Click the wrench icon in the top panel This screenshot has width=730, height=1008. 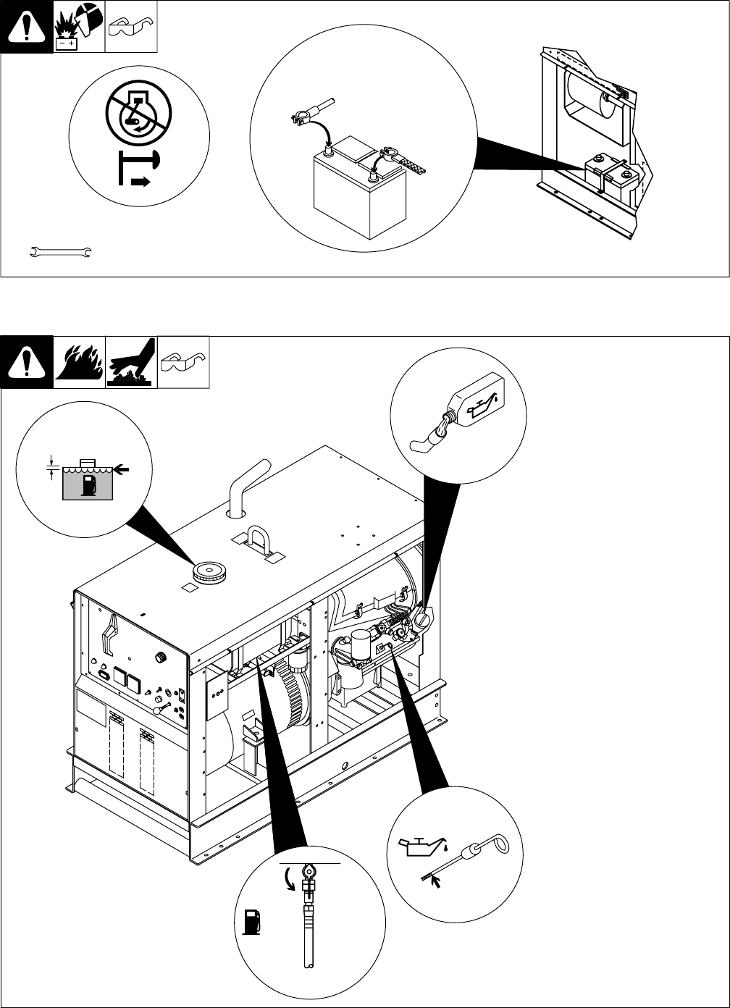tap(59, 252)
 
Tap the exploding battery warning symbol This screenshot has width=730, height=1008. tap(78, 26)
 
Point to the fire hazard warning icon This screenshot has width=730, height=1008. tap(79, 361)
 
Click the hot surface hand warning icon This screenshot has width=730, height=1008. tap(131, 361)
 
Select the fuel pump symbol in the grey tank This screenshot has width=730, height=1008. tap(89, 484)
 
